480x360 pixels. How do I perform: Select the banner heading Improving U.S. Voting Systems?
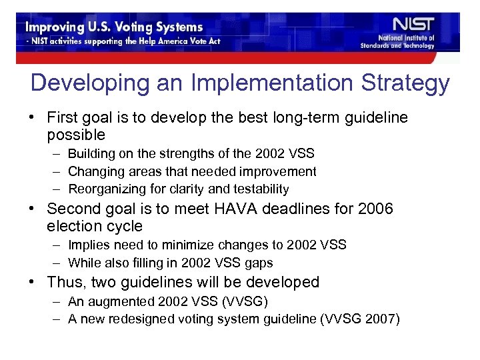(114, 27)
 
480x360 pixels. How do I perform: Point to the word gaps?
(261, 263)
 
